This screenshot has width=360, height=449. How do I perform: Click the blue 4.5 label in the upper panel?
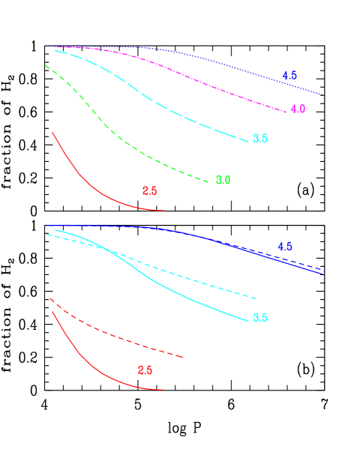pyautogui.click(x=289, y=76)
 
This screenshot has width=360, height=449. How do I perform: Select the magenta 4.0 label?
pyautogui.click(x=298, y=109)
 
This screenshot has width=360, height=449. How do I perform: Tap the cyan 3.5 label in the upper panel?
pyautogui.click(x=260, y=139)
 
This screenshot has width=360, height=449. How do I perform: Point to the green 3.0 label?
pyautogui.click(x=223, y=181)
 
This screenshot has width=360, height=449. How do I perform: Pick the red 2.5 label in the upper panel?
pyautogui.click(x=149, y=191)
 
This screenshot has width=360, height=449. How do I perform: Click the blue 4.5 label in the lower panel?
pyautogui.click(x=285, y=247)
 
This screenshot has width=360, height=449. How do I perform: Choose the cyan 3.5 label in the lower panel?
pyautogui.click(x=260, y=319)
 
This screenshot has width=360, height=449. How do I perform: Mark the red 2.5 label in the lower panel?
pyautogui.click(x=145, y=370)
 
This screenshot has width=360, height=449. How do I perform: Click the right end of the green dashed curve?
pyautogui.click(x=208, y=181)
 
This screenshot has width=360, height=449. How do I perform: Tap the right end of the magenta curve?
pyautogui.click(x=286, y=112)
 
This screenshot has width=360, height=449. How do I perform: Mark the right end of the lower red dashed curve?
pyautogui.click(x=185, y=358)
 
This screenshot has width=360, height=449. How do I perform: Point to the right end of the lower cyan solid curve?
pyautogui.click(x=248, y=321)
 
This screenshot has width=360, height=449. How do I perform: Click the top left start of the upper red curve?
pyautogui.click(x=52, y=133)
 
